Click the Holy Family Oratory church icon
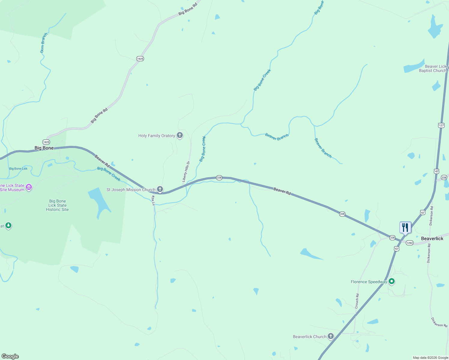[180, 136]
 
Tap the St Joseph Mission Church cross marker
[160, 189]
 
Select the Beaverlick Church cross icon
[330, 336]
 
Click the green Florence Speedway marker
[391, 281]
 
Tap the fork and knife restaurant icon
[405, 227]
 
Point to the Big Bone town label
[44, 148]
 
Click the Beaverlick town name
[432, 238]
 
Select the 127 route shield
[441, 125]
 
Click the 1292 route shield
[410, 243]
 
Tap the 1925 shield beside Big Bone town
[46, 142]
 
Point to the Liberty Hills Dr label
[186, 172]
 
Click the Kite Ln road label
[153, 200]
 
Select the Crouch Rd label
[357, 301]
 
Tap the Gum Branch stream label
[44, 43]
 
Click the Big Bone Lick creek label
[18, 169]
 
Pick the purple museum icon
[29, 187]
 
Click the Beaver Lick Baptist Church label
[432, 68]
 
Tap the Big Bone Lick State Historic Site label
[57, 205]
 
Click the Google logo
[10, 356]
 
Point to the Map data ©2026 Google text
[430, 358]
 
